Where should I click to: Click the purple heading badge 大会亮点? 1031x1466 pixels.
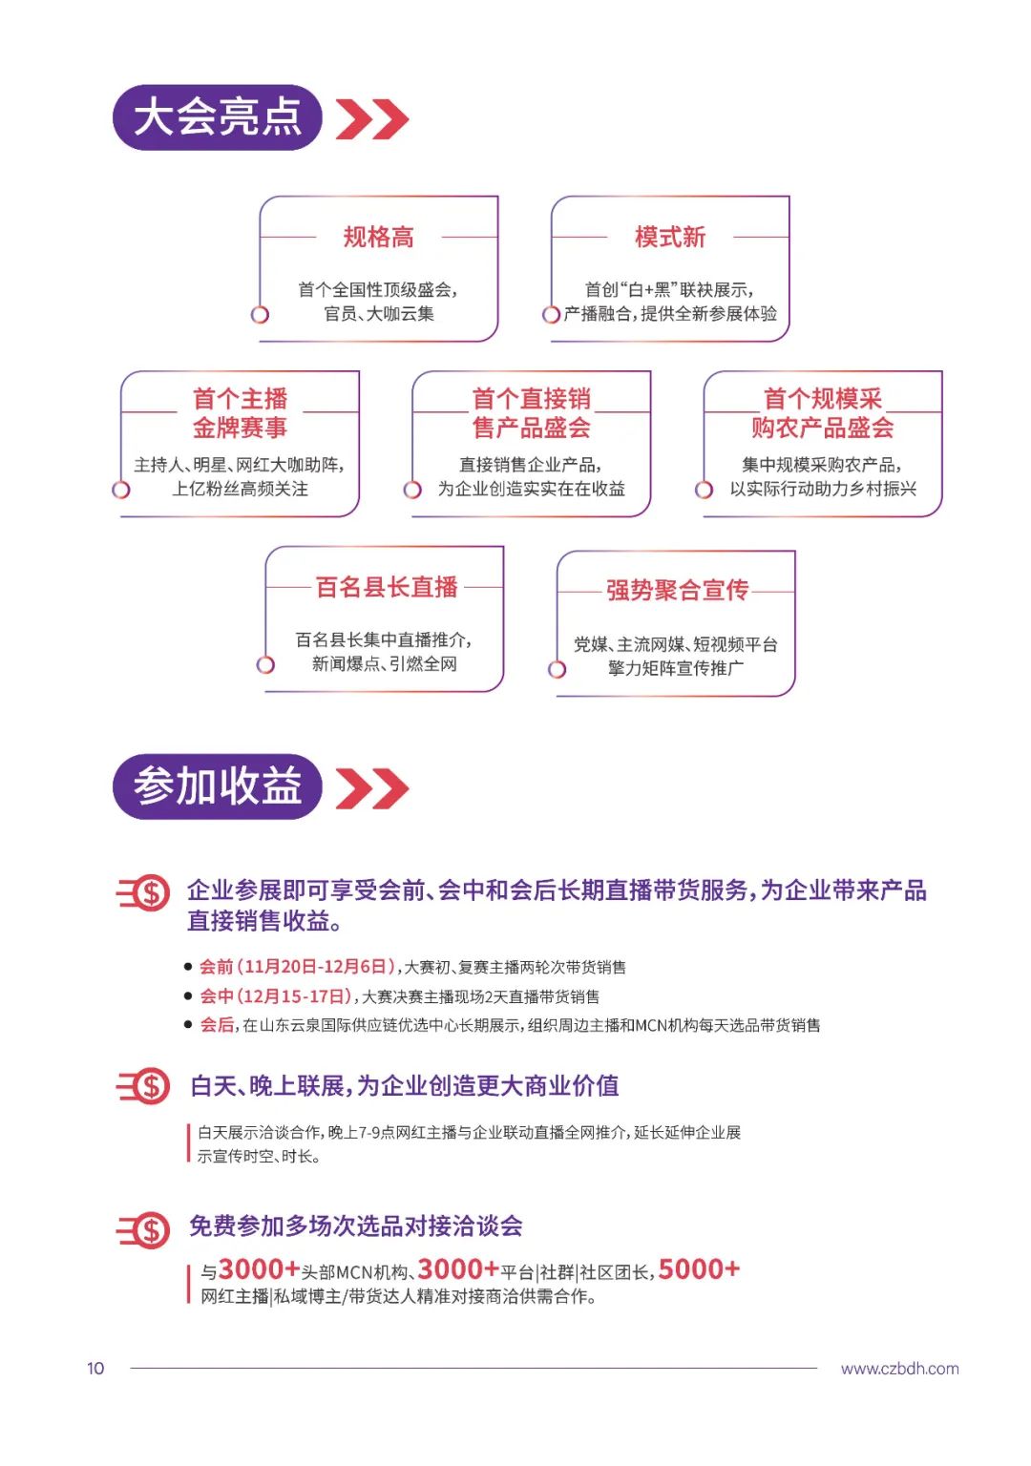coord(217,117)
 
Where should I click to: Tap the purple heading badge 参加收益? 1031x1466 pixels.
coord(217,786)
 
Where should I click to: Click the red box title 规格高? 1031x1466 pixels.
coord(379,237)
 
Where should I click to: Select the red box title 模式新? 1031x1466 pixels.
coord(670,237)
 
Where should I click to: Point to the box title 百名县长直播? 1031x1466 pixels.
coord(387,587)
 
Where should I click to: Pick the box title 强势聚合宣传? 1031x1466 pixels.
coord(677,591)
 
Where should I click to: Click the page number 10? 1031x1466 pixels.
coord(95,1369)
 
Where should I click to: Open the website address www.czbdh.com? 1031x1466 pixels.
coord(899,1369)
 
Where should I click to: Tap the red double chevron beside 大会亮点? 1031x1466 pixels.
coord(372,119)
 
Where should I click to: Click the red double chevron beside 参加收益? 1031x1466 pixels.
coord(372,788)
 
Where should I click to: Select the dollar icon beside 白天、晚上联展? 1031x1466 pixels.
coord(146,1086)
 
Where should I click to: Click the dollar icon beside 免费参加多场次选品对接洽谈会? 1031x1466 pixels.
coord(146,1229)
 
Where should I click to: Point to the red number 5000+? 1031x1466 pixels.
coord(699,1269)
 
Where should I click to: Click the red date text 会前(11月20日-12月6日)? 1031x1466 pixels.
coord(297,967)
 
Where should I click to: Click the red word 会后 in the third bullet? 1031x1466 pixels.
coord(216,1025)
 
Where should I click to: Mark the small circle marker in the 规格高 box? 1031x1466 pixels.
coord(260,314)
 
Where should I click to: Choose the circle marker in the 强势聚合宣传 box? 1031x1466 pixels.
coord(558,669)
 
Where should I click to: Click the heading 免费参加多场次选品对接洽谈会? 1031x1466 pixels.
coord(355,1226)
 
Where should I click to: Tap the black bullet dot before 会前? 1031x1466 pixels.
coord(188,967)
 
